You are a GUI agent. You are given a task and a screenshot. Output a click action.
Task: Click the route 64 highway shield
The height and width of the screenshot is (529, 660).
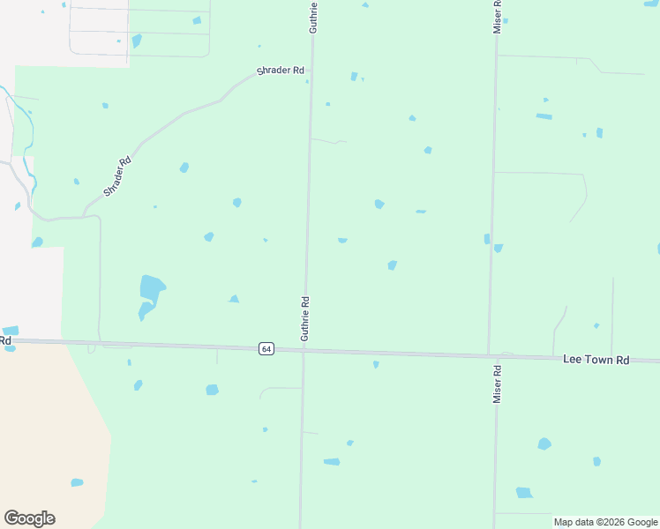click(266, 349)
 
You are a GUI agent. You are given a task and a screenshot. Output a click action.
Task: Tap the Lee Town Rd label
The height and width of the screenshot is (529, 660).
click(596, 361)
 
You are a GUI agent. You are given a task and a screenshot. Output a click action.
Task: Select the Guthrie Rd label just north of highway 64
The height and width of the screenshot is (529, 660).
click(304, 318)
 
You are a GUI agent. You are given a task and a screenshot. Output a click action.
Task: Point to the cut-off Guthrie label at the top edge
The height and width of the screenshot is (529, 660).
click(312, 17)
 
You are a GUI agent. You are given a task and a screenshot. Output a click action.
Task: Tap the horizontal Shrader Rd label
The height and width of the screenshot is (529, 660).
click(280, 71)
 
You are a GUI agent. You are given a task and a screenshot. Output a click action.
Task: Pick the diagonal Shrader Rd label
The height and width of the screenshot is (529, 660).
click(117, 176)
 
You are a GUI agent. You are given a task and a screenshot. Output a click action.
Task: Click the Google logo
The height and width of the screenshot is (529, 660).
click(29, 518)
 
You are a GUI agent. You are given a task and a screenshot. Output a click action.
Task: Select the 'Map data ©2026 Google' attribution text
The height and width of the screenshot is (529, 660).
click(604, 522)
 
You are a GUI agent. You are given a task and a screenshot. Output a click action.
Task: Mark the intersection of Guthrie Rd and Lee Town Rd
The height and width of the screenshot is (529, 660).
click(303, 351)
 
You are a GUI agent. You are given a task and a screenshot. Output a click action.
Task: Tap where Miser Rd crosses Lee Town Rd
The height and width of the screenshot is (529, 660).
click(491, 356)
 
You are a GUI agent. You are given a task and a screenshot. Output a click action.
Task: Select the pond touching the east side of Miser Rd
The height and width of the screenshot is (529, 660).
click(499, 248)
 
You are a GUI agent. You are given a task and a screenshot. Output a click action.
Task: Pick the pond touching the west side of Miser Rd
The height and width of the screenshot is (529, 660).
click(486, 239)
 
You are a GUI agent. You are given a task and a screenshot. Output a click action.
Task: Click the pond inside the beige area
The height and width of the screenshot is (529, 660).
click(77, 482)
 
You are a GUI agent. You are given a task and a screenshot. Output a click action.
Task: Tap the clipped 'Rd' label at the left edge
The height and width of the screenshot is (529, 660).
click(5, 339)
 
